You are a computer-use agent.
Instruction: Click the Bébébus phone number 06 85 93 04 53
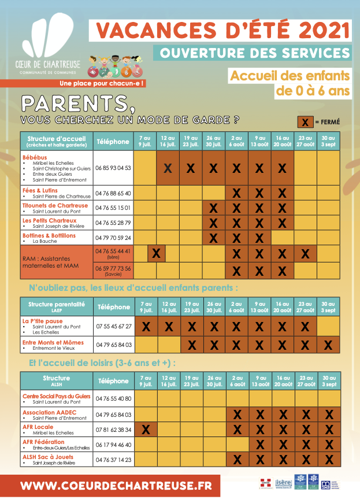click(x=113, y=168)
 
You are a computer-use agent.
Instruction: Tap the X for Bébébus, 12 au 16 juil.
click(x=168, y=168)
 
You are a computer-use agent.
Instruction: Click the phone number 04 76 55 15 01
click(x=113, y=208)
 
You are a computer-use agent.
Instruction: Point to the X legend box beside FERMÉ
click(x=305, y=122)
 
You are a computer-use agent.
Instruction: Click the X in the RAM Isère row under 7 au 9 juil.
click(x=157, y=253)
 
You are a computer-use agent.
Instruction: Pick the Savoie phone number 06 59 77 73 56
click(x=113, y=268)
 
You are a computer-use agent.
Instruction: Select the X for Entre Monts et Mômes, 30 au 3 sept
click(x=328, y=345)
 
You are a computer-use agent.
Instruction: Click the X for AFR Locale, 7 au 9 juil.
click(x=146, y=429)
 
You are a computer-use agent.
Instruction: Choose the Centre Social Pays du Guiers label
click(x=56, y=396)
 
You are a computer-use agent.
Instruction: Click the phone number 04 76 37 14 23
click(x=113, y=460)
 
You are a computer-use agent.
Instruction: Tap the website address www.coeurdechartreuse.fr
click(x=116, y=485)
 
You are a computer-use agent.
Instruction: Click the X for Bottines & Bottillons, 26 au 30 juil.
click(x=214, y=238)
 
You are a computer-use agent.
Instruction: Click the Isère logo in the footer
click(x=283, y=482)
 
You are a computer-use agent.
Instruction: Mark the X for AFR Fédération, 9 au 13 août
click(x=259, y=445)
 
